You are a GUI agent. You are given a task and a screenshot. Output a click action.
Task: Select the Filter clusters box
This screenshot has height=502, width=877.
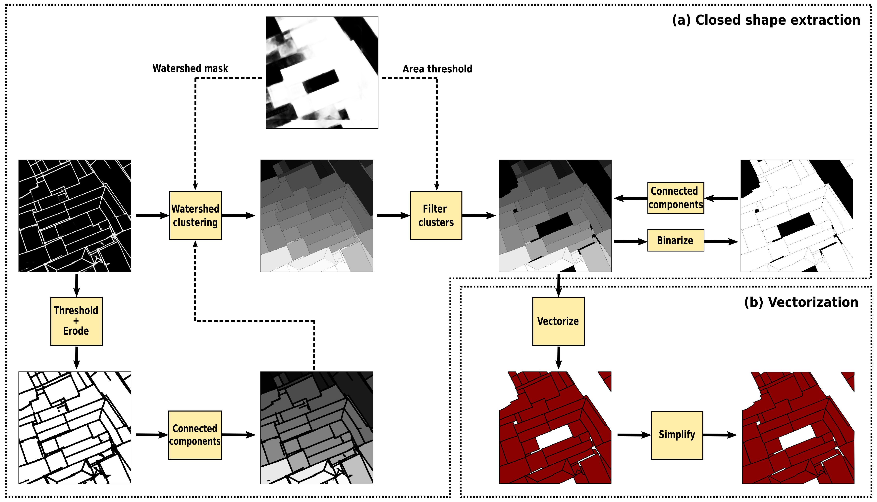(436, 215)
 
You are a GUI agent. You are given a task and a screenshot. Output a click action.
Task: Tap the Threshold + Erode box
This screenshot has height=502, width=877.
(76, 321)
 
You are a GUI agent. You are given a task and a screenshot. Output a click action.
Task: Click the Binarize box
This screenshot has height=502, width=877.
(675, 240)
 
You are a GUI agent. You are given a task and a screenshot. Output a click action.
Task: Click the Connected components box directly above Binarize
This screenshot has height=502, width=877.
(675, 198)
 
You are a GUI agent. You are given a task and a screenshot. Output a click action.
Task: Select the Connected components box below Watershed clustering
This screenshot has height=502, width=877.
(195, 435)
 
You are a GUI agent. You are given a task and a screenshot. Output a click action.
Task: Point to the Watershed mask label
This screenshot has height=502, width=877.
(190, 68)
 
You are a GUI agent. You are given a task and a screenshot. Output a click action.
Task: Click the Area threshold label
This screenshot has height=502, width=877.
(437, 69)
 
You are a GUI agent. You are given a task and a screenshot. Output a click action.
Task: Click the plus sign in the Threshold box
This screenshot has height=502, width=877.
(76, 321)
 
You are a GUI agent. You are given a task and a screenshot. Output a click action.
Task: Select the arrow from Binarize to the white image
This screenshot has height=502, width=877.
(721, 242)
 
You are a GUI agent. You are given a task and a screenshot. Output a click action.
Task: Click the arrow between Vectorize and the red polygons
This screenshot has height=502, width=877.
(558, 358)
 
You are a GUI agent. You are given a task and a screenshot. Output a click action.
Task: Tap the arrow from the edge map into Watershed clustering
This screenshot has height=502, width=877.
(152, 215)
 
